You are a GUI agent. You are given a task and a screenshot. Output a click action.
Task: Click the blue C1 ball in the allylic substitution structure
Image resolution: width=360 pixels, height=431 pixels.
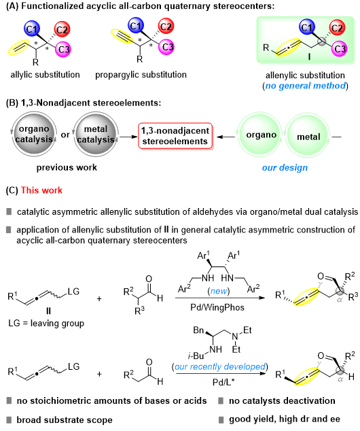coord(32,29)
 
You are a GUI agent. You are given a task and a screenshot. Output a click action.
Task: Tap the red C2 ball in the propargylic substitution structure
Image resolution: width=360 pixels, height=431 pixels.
coord(166,26)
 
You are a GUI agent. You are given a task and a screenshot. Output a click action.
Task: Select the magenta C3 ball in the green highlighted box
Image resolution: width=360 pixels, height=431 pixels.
coord(340,49)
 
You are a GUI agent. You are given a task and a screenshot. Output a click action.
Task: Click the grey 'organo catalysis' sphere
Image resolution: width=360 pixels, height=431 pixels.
coord(34,134)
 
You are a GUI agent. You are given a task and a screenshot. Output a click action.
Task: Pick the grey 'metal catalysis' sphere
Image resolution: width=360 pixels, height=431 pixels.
coord(96,134)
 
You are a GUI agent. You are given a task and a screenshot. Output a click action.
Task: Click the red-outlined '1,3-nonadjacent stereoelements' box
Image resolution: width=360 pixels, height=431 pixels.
coord(175,136)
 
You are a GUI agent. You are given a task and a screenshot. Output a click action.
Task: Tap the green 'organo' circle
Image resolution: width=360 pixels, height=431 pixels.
coord(261,135)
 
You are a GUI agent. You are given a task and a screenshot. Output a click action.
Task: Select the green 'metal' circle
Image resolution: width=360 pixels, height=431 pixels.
coord(308,136)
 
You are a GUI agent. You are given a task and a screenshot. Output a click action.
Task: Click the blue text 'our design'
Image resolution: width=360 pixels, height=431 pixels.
coord(285,167)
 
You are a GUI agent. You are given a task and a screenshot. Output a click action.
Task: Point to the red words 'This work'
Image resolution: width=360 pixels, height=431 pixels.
coord(41,190)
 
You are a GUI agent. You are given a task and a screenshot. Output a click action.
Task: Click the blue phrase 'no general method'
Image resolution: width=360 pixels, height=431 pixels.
coord(305,86)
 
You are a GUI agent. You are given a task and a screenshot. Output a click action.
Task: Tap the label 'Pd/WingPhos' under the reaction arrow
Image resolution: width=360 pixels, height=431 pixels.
coord(217,307)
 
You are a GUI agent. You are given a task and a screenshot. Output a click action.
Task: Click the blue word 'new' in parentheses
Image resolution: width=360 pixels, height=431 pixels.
coord(219,290)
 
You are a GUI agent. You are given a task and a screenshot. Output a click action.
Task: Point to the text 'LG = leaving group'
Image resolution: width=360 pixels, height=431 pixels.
coord(46,324)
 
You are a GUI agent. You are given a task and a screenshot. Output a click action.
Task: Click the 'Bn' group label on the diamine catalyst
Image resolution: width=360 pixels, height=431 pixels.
coord(198,330)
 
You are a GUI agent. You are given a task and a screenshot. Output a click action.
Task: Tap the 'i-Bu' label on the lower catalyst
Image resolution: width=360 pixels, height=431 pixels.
coord(196,356)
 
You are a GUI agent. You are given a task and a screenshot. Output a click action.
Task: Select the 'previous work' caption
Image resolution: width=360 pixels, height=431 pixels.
coord(67,167)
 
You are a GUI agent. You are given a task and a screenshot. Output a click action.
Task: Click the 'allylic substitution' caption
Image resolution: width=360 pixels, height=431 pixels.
coord(45,75)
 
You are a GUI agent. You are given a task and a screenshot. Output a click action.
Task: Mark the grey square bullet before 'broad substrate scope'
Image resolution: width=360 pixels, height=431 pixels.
coord(9,419)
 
